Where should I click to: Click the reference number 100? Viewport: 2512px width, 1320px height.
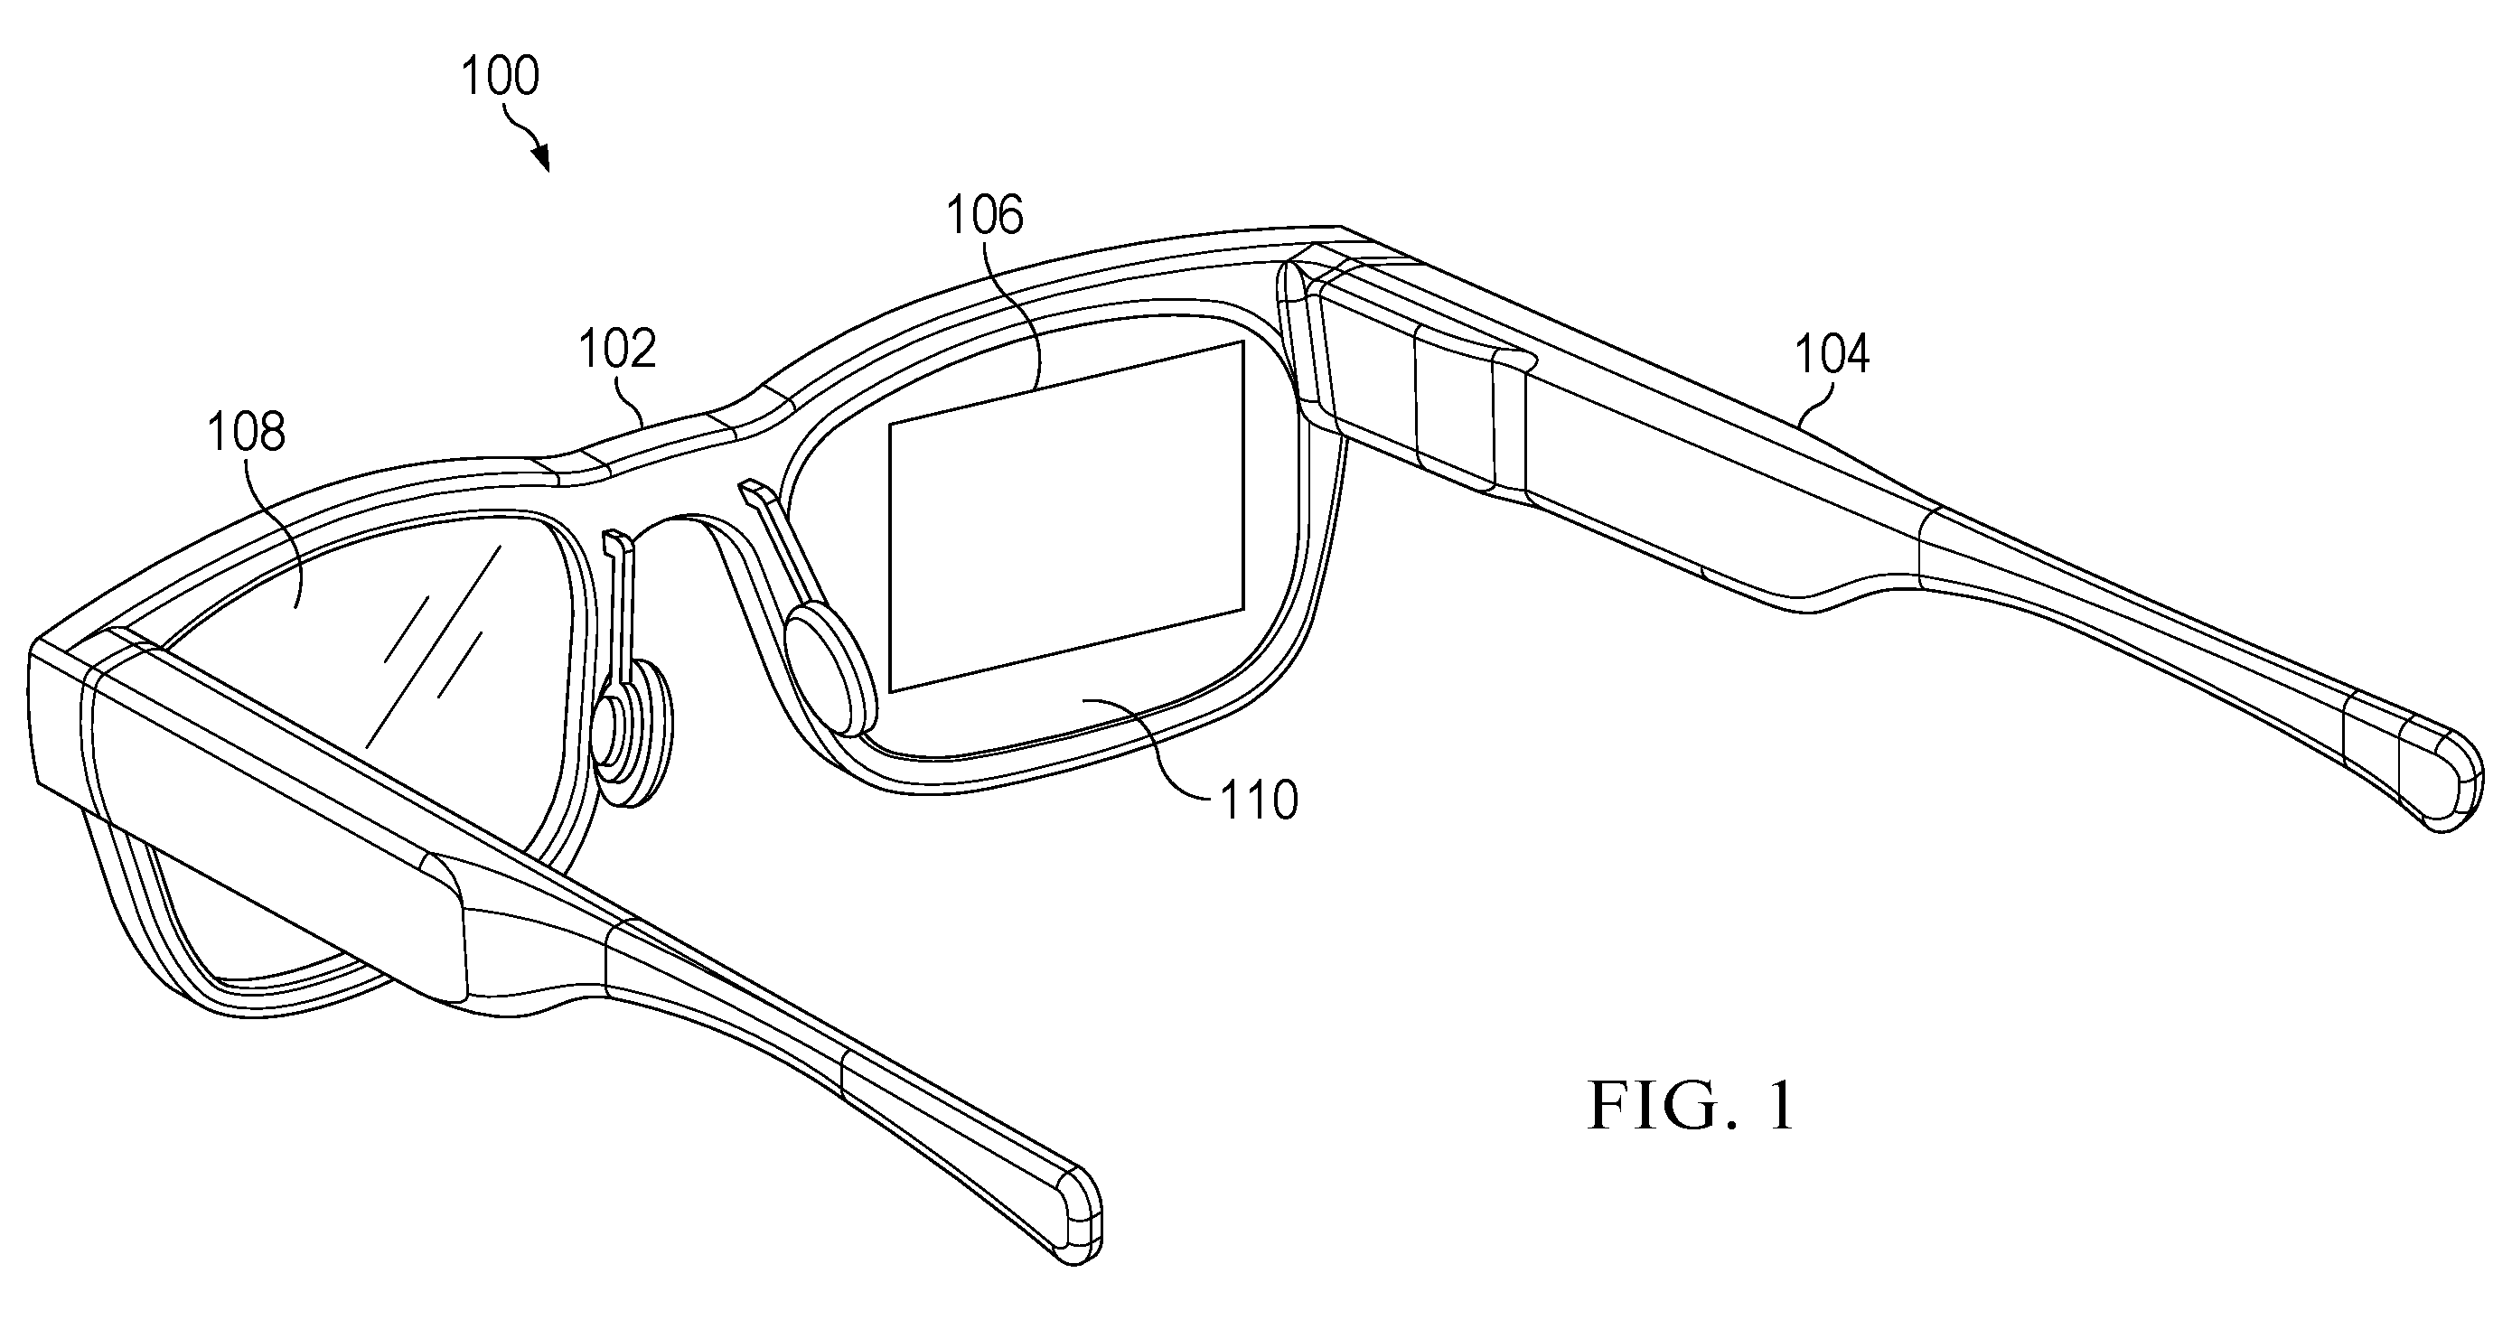(500, 76)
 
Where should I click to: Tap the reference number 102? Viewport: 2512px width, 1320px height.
(617, 348)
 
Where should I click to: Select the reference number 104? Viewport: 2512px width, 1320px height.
(1832, 354)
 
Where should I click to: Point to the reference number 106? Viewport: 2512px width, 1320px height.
(985, 214)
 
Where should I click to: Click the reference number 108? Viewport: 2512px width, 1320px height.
(247, 431)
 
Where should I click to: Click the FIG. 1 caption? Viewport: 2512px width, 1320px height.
(1692, 1106)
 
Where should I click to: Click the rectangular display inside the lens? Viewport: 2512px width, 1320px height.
(1067, 517)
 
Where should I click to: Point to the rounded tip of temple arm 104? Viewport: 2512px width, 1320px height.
(2442, 789)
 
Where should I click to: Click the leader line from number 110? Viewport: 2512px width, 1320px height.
(1150, 751)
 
